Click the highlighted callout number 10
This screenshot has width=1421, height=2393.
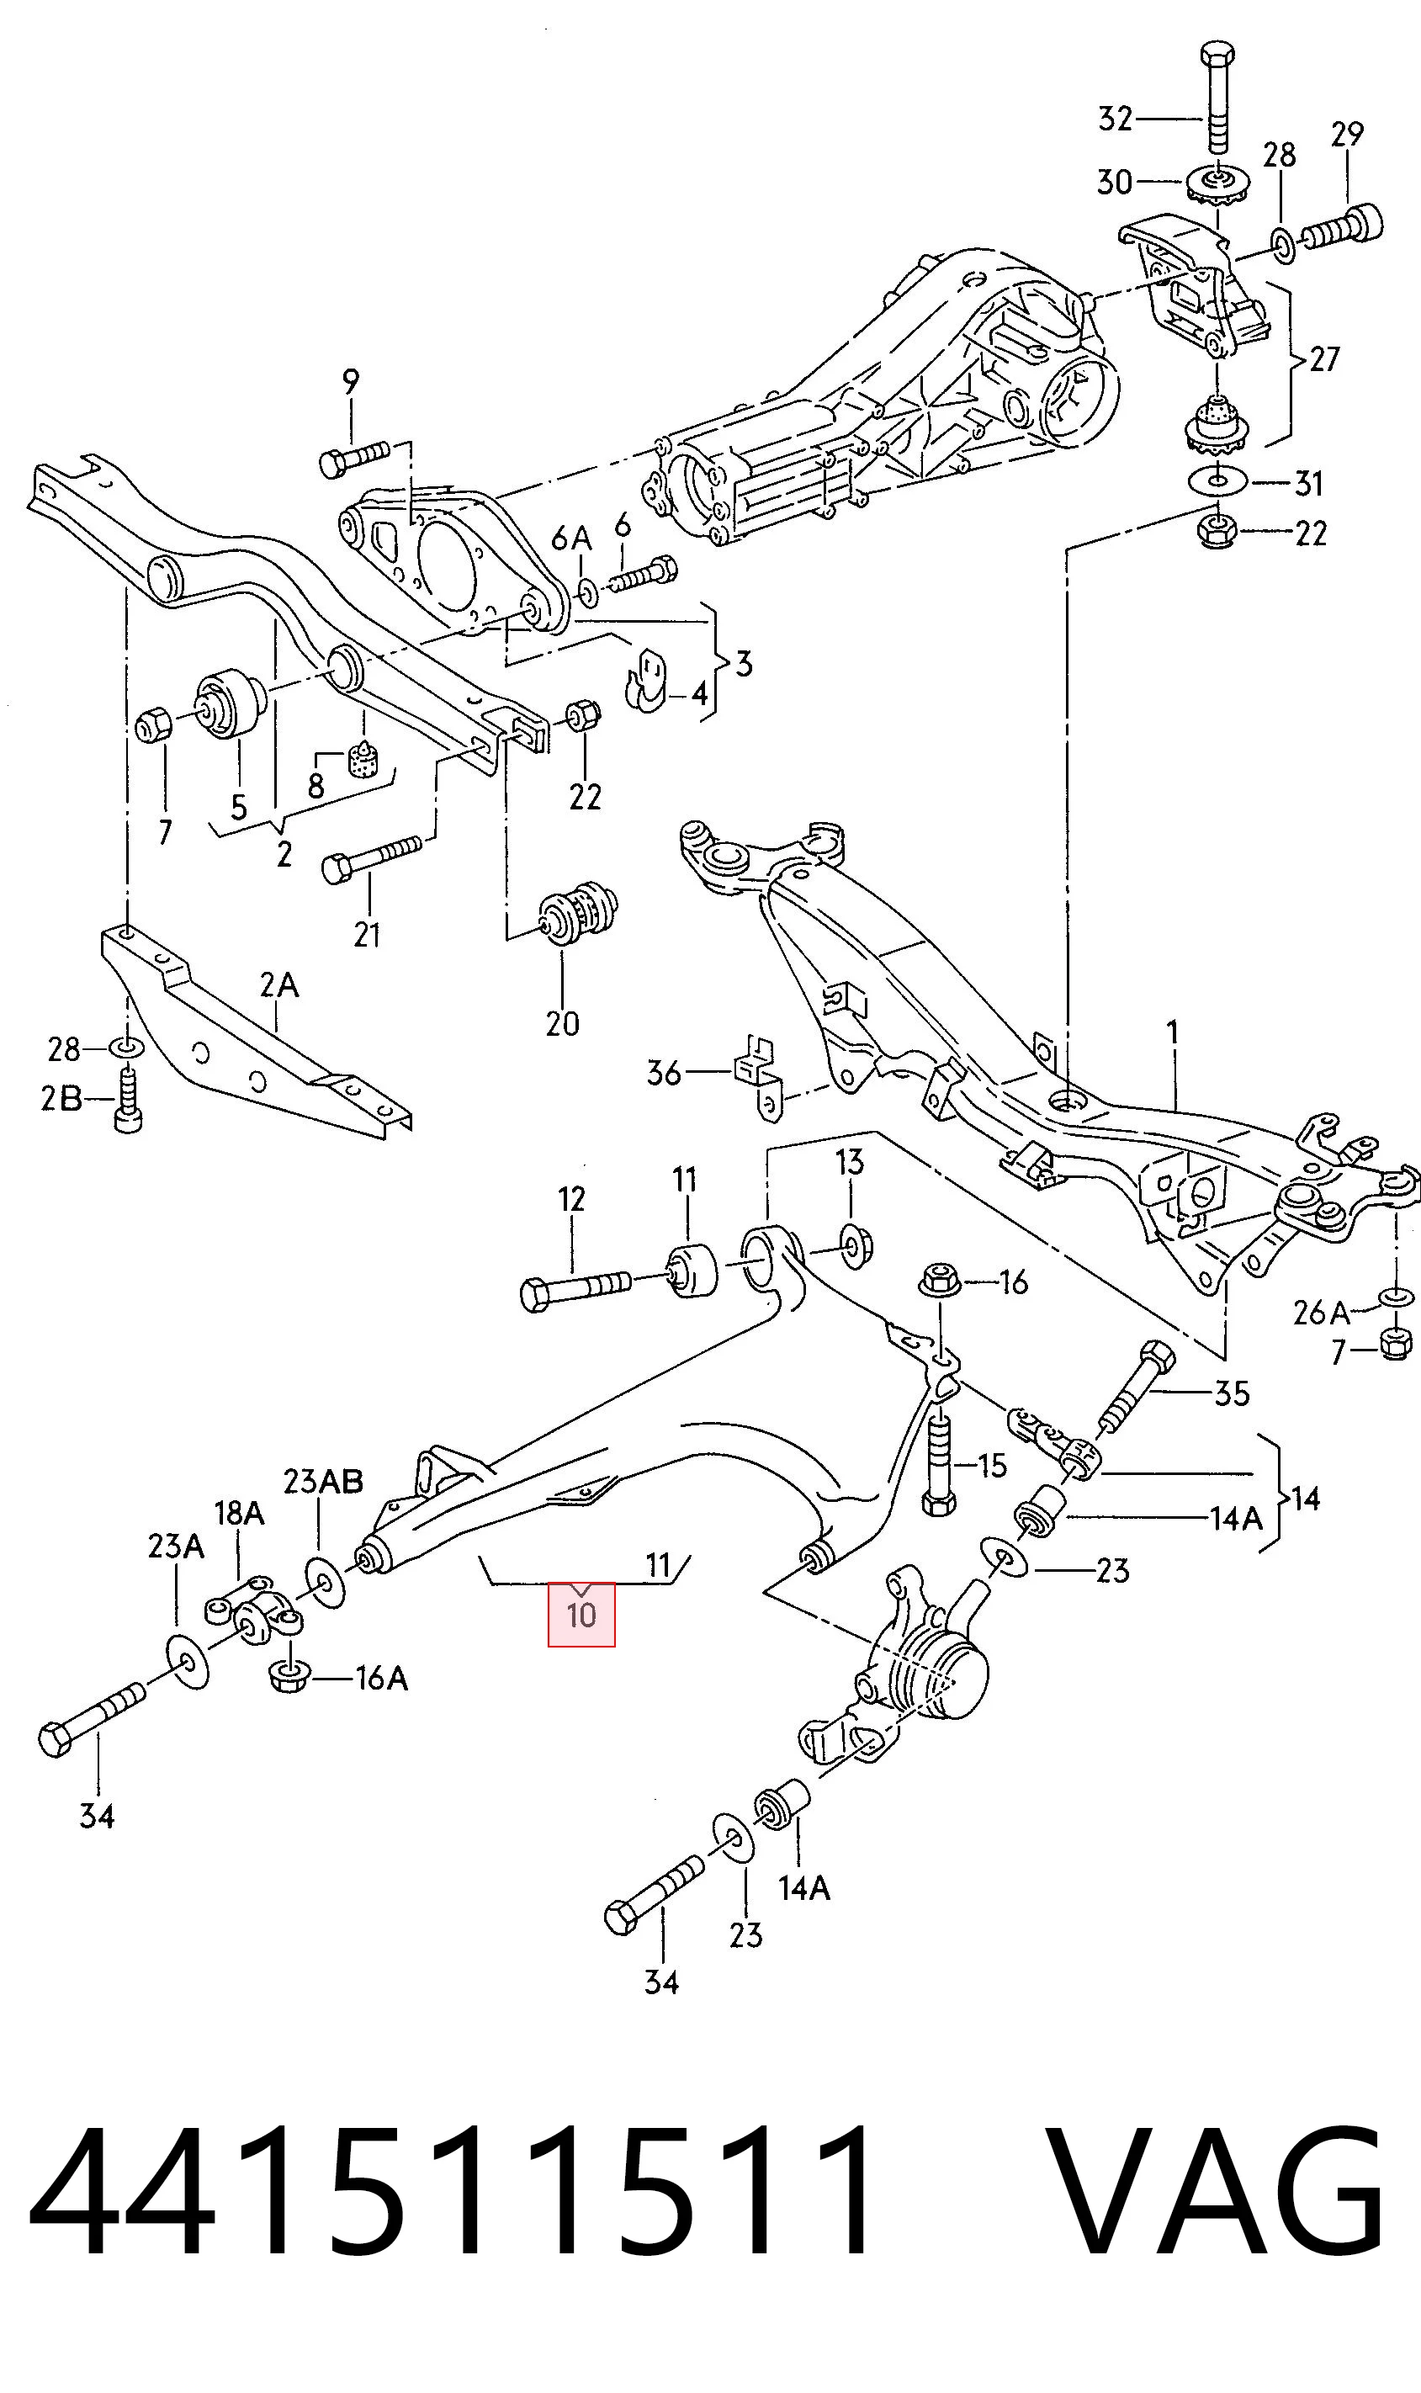[x=581, y=1616]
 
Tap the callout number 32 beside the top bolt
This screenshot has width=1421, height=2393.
[x=1116, y=119]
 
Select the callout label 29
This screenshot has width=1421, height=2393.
[x=1346, y=134]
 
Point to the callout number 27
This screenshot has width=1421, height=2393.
[x=1324, y=360]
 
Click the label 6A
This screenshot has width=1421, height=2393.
[x=571, y=539]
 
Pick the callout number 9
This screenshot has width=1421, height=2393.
[x=352, y=382]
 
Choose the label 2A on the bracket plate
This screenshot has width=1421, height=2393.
[x=278, y=984]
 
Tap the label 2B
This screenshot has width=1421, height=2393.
[x=61, y=1098]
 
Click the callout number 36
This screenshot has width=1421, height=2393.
[x=664, y=1073]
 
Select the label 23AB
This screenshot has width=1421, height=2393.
[x=323, y=1482]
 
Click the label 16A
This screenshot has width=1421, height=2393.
[x=381, y=1678]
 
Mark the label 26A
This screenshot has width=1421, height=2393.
[x=1320, y=1312]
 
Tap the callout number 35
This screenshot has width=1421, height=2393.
[x=1232, y=1393]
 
